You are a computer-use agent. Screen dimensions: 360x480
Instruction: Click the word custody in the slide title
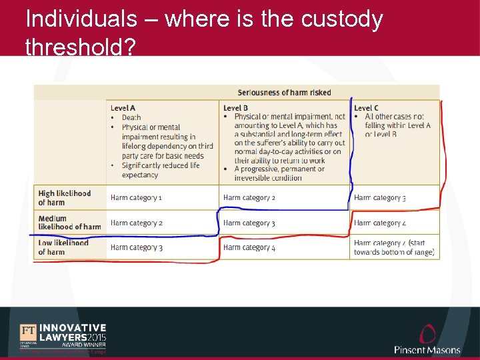click(342, 19)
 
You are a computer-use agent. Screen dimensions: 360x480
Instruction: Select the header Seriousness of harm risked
click(285, 93)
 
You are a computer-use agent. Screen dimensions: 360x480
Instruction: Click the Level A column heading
click(123, 108)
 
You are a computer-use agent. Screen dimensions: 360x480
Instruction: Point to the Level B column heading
click(235, 108)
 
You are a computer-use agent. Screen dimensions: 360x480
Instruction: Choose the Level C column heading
click(366, 108)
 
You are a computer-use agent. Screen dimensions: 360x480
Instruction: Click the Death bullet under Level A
click(131, 117)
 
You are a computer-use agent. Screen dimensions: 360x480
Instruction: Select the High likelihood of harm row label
click(65, 197)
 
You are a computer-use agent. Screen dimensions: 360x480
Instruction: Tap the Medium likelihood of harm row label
click(69, 223)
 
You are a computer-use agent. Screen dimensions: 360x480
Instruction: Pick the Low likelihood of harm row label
click(63, 247)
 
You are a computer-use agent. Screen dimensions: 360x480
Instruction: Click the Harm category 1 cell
click(137, 198)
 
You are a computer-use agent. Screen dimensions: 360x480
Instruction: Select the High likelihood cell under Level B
click(249, 198)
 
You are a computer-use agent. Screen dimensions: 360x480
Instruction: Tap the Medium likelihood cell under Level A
click(137, 223)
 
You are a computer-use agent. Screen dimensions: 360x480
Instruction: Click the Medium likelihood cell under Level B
click(249, 223)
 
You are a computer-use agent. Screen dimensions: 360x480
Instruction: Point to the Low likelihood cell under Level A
click(137, 248)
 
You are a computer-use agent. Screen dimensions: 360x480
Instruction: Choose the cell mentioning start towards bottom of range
click(394, 247)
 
